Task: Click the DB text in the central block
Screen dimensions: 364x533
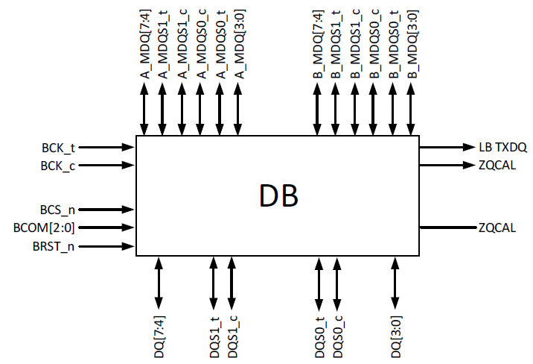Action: coord(278,195)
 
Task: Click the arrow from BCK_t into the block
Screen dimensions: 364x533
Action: coord(108,148)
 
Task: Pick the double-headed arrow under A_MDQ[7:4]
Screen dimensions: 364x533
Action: coord(145,109)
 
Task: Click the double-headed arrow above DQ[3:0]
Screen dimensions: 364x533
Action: coord(393,282)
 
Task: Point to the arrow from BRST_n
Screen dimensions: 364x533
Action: coord(108,246)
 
